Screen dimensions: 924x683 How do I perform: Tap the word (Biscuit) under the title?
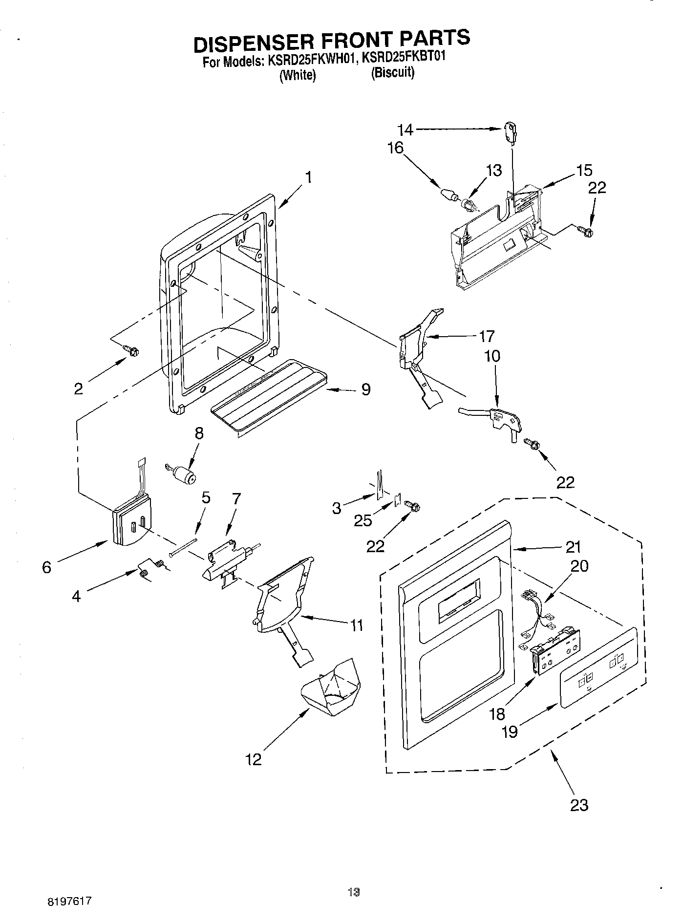click(392, 73)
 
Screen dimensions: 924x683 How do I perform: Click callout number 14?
click(405, 129)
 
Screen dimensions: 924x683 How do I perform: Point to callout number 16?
click(396, 148)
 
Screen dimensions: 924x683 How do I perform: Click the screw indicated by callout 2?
click(131, 350)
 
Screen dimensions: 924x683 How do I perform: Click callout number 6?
click(46, 567)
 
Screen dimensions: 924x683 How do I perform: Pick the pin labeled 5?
click(183, 547)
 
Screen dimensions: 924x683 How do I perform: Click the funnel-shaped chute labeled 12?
click(331, 688)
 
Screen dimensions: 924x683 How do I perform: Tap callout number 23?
click(579, 805)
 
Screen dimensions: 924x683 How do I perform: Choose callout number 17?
click(486, 336)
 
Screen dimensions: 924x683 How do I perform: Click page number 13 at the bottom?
click(354, 893)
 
